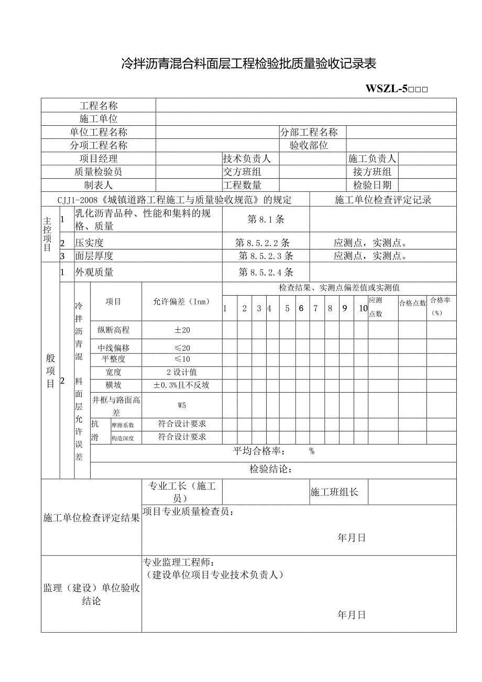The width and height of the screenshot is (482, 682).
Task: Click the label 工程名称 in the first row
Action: click(x=98, y=106)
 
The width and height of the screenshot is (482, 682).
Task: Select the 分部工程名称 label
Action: click(x=309, y=132)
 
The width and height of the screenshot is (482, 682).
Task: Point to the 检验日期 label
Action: click(x=372, y=185)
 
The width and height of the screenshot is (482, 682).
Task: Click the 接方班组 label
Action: click(x=372, y=172)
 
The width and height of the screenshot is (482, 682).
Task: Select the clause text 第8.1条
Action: click(x=266, y=220)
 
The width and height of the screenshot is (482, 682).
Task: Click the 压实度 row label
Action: click(x=90, y=243)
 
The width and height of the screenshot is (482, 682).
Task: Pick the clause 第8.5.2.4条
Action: click(x=266, y=272)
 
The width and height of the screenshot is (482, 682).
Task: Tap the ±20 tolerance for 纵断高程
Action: click(x=182, y=330)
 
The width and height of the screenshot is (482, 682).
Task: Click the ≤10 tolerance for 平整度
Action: click(x=182, y=359)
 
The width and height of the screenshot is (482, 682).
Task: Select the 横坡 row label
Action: click(x=113, y=385)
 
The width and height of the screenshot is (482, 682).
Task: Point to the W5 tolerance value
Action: click(x=182, y=405)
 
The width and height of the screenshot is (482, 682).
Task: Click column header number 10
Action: click(x=363, y=308)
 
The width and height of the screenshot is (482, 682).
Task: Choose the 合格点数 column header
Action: click(x=412, y=303)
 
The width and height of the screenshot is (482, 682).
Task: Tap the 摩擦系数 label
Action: click(x=123, y=425)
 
